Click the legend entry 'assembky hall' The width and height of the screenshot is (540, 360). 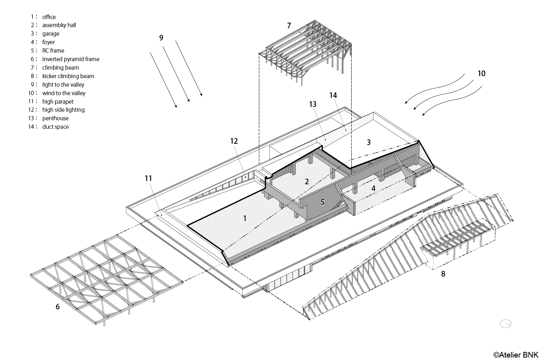pos(59,25)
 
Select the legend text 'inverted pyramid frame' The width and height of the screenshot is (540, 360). pos(70,59)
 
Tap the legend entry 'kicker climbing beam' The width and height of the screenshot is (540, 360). pos(68,76)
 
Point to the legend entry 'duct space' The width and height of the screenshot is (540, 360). pos(55,127)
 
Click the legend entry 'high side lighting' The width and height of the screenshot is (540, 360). pos(63,110)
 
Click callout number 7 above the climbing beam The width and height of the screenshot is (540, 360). pos(289,26)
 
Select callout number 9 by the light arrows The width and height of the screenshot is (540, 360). pos(161,38)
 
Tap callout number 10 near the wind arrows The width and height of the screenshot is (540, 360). pos(481,73)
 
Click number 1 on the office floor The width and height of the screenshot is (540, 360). pos(245,218)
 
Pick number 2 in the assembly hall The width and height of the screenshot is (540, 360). pos(307,182)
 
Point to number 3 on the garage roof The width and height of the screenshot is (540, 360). pos(369,142)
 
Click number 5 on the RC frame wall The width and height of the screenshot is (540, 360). pos(322,202)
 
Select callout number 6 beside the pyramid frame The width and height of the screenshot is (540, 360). pos(58,307)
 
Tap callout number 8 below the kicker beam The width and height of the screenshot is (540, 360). pos(443,274)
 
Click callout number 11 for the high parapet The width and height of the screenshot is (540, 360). pos(148,178)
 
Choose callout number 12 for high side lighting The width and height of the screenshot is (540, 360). pos(234,141)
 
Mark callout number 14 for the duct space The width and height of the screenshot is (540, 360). pos(333,95)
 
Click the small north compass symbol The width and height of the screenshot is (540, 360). pos(506,323)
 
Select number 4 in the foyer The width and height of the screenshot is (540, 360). pos(373,188)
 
